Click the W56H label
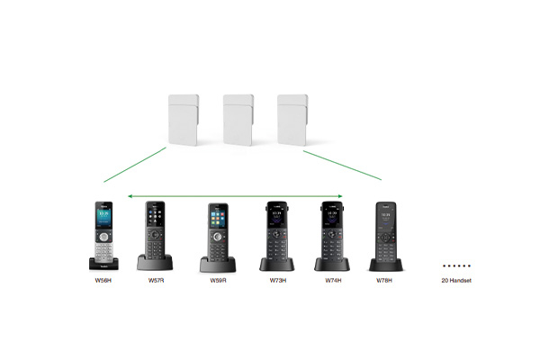103,281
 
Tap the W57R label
156,281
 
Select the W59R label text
218,281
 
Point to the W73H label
278,281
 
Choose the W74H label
333,281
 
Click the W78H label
384,281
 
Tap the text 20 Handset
456,281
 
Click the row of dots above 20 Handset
456,265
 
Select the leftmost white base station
184,120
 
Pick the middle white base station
238,120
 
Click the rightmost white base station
292,120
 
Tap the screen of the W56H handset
103,218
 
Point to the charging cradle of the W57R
155,263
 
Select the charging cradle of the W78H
386,265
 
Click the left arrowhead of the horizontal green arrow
130,196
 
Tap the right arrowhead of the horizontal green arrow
340,196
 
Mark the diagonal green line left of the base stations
135,165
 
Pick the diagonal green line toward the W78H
342,165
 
